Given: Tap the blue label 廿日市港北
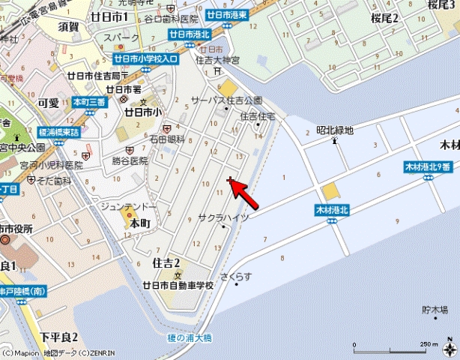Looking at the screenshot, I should point(189,34).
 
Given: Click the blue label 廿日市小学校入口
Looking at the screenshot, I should point(146,58).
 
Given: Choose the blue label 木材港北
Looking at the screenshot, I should point(333,211).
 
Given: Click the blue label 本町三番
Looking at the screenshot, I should point(90,101).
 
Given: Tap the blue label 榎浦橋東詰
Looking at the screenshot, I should point(58,132).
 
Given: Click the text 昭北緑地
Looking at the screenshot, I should point(334,129).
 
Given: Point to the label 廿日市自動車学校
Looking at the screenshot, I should point(178,286).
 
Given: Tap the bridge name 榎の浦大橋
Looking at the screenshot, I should point(190,338).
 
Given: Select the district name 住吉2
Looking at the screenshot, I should point(166,263).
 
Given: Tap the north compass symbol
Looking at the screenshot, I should point(448,348).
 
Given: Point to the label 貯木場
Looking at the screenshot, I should point(435,309).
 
